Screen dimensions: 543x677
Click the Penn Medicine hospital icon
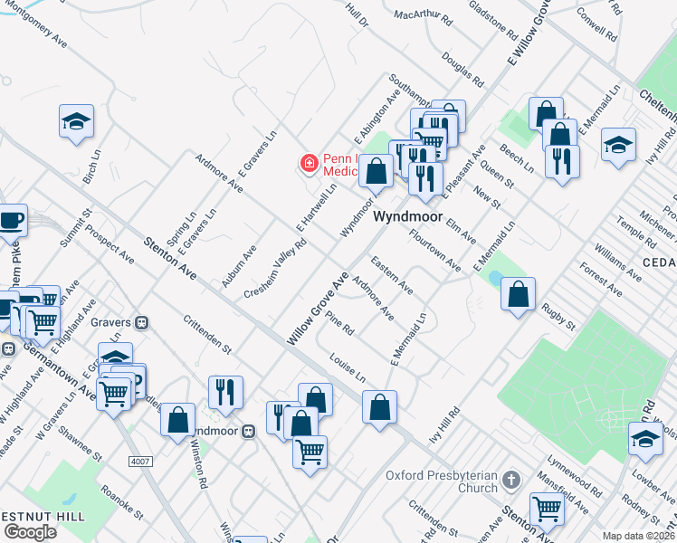[x=310, y=163]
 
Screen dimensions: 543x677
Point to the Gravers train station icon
[x=141, y=322]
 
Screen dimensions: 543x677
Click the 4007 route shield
[x=139, y=462]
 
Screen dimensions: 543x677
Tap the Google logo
[x=30, y=531]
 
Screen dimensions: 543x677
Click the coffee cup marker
[x=11, y=220]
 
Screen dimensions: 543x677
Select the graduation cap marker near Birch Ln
[x=77, y=121]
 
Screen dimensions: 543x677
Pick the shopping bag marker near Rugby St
[x=518, y=294]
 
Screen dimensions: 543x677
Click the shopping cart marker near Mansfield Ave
[x=546, y=510]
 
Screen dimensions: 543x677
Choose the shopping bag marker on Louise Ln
[x=379, y=406]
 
